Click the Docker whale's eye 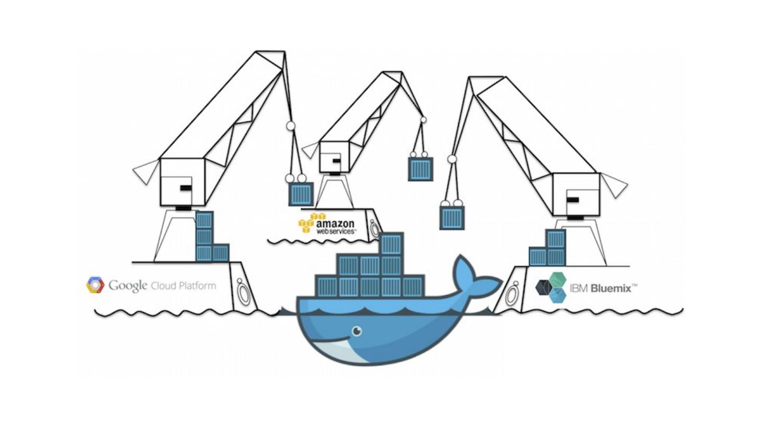click(357, 331)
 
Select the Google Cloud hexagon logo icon click(95, 285)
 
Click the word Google click(128, 286)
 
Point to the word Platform click(197, 286)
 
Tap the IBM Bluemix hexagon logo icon click(550, 287)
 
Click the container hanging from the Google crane click(301, 194)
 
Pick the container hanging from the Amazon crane click(421, 169)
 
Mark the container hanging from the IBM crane click(452, 217)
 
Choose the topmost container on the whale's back click(392, 244)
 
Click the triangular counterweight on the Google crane click(146, 172)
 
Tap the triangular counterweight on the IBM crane click(614, 185)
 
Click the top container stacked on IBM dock click(556, 238)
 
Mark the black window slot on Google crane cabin click(185, 187)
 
